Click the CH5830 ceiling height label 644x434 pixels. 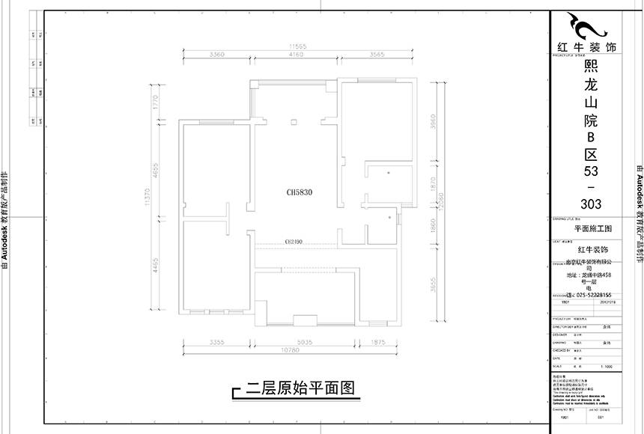click(298, 192)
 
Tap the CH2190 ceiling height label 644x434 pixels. click(294, 242)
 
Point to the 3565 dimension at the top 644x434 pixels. click(377, 55)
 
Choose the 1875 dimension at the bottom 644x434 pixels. click(379, 343)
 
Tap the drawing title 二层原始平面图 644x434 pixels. click(299, 388)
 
